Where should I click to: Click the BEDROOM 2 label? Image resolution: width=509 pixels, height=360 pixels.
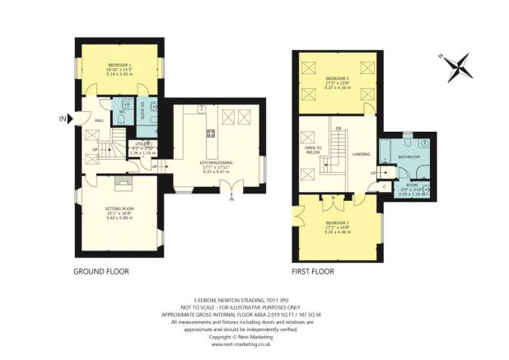338,224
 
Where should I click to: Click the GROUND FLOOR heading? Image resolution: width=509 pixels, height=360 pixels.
101,270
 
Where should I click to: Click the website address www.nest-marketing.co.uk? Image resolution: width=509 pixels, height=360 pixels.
254,346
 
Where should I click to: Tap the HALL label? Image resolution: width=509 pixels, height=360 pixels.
99,121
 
